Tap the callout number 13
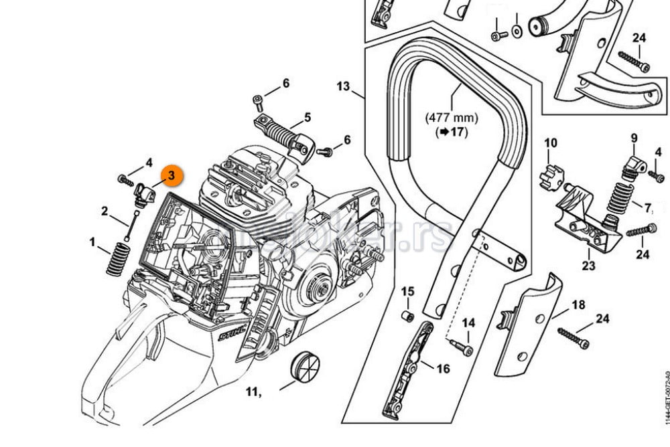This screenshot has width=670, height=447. point(343,86)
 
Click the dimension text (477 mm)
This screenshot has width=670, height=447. point(452,118)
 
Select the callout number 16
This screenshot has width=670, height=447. point(443,368)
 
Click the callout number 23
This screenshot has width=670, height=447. point(588,265)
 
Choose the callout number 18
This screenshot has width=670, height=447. point(578,305)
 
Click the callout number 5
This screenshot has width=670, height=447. point(307,118)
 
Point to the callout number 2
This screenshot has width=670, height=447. point(105,211)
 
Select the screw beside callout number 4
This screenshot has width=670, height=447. point(124,179)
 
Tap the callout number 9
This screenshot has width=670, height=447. point(633,139)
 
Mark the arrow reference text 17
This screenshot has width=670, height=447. point(452,132)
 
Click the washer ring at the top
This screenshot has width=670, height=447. point(516,31)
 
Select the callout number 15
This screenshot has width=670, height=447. point(408,292)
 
